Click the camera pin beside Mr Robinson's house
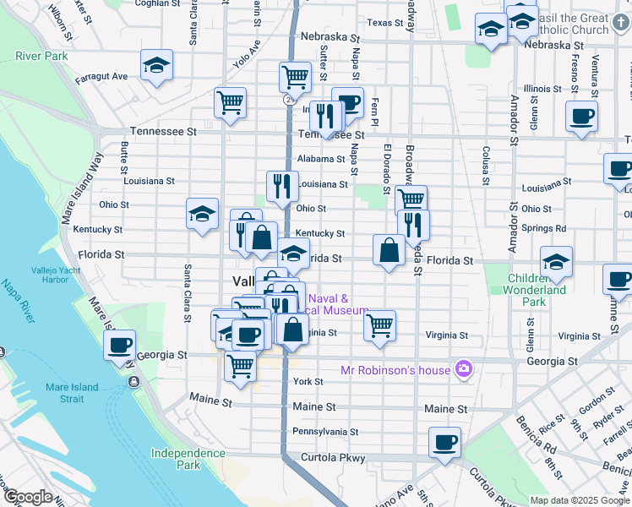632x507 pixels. tap(463, 368)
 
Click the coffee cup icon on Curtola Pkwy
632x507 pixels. tap(444, 442)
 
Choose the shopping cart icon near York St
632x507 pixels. tap(241, 367)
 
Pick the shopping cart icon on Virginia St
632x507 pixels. tap(380, 324)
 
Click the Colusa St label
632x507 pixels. tap(487, 164)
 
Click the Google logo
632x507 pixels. tap(27, 497)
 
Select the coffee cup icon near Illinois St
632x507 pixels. tap(581, 117)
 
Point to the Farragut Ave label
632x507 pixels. tap(101, 76)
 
